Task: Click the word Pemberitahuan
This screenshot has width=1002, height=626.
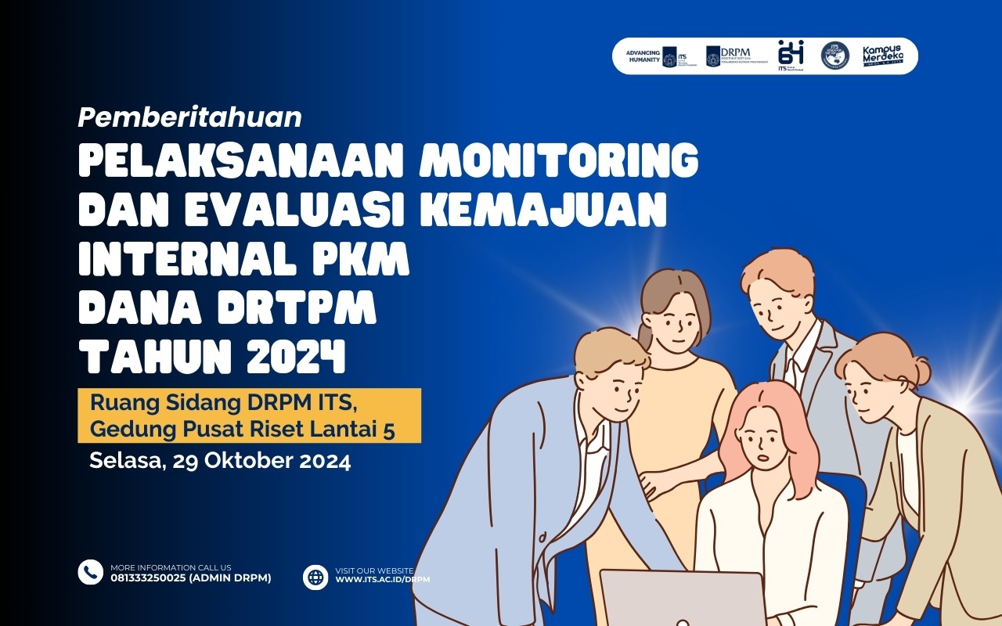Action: click(190, 117)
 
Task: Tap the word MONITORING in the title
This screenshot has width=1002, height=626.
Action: click(559, 161)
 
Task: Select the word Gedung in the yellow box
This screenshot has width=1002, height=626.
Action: click(129, 430)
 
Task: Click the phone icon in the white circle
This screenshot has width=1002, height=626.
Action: click(91, 572)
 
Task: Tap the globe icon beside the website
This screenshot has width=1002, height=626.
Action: click(315, 577)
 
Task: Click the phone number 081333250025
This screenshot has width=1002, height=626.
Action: click(149, 578)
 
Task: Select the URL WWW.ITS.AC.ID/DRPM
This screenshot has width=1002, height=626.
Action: click(383, 580)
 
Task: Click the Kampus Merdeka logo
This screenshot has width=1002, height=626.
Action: click(882, 56)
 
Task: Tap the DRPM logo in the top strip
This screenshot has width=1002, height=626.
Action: click(736, 56)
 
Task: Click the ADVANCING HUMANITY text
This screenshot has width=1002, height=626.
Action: click(643, 56)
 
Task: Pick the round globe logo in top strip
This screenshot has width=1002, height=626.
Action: click(834, 56)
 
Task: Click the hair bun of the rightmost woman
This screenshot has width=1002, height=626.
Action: click(916, 371)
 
